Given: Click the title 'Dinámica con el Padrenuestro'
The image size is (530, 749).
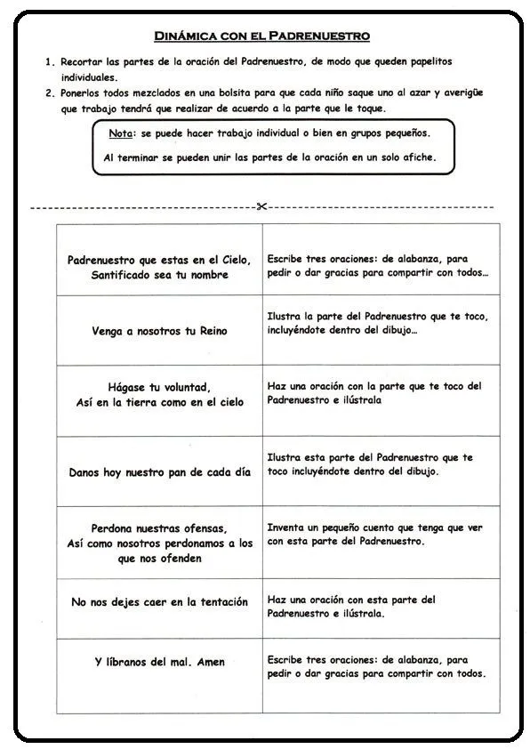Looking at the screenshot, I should click(x=262, y=36).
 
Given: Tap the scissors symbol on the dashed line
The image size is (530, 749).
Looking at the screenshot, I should click(x=261, y=206).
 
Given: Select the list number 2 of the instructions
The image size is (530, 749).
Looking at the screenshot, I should click(x=49, y=93).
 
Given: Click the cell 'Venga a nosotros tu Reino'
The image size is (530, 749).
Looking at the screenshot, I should click(x=159, y=331).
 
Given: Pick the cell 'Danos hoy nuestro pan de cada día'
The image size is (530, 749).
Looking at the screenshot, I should click(x=159, y=472).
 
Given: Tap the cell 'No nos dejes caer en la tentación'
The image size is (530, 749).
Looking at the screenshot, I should click(x=159, y=602).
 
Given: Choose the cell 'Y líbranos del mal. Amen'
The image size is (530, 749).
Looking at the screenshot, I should click(x=159, y=662).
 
